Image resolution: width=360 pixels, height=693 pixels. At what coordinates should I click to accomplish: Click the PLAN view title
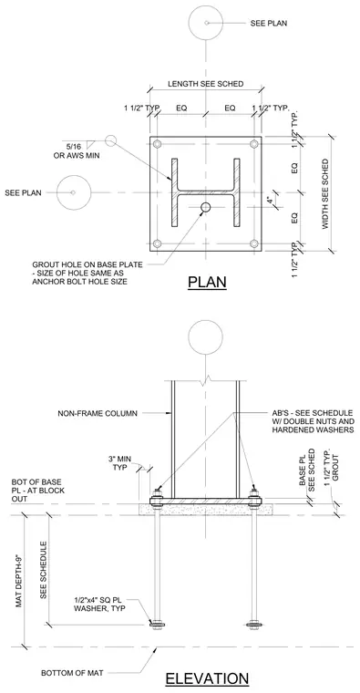207,282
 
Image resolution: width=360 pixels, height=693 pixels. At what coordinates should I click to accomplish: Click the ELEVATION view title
207,678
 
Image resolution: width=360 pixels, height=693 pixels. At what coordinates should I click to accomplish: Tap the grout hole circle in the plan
205,207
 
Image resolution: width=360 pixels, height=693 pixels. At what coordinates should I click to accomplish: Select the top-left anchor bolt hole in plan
158,144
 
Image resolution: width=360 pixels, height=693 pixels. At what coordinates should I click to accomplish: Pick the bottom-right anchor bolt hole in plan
253,243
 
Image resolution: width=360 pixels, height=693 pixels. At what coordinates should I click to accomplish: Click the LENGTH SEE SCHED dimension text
205,84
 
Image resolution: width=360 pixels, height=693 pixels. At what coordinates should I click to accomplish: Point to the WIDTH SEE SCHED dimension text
325,193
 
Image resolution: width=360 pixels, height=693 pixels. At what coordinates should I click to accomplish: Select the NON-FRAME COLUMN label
98,414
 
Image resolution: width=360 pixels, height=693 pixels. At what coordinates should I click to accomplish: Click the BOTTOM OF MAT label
72,673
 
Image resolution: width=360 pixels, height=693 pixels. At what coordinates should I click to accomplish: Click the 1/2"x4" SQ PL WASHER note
100,605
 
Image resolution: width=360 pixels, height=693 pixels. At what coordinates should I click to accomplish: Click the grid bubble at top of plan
206,23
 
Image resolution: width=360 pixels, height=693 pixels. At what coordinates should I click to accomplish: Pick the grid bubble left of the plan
74,192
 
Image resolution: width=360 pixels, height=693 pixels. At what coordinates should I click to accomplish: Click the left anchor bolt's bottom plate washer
158,624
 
